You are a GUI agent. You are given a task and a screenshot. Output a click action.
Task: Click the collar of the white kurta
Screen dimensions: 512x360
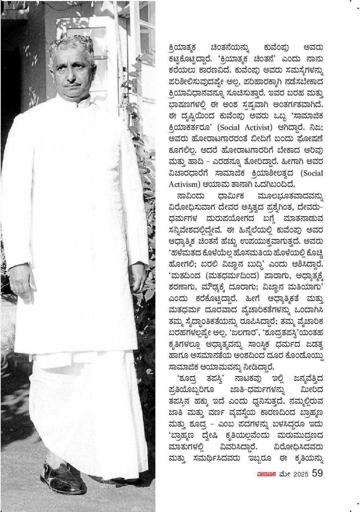pos(75,100)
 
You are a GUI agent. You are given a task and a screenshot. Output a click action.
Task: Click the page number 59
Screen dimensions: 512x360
pos(317,473)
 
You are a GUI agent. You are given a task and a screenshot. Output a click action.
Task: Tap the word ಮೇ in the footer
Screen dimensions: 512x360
pos(285,474)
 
